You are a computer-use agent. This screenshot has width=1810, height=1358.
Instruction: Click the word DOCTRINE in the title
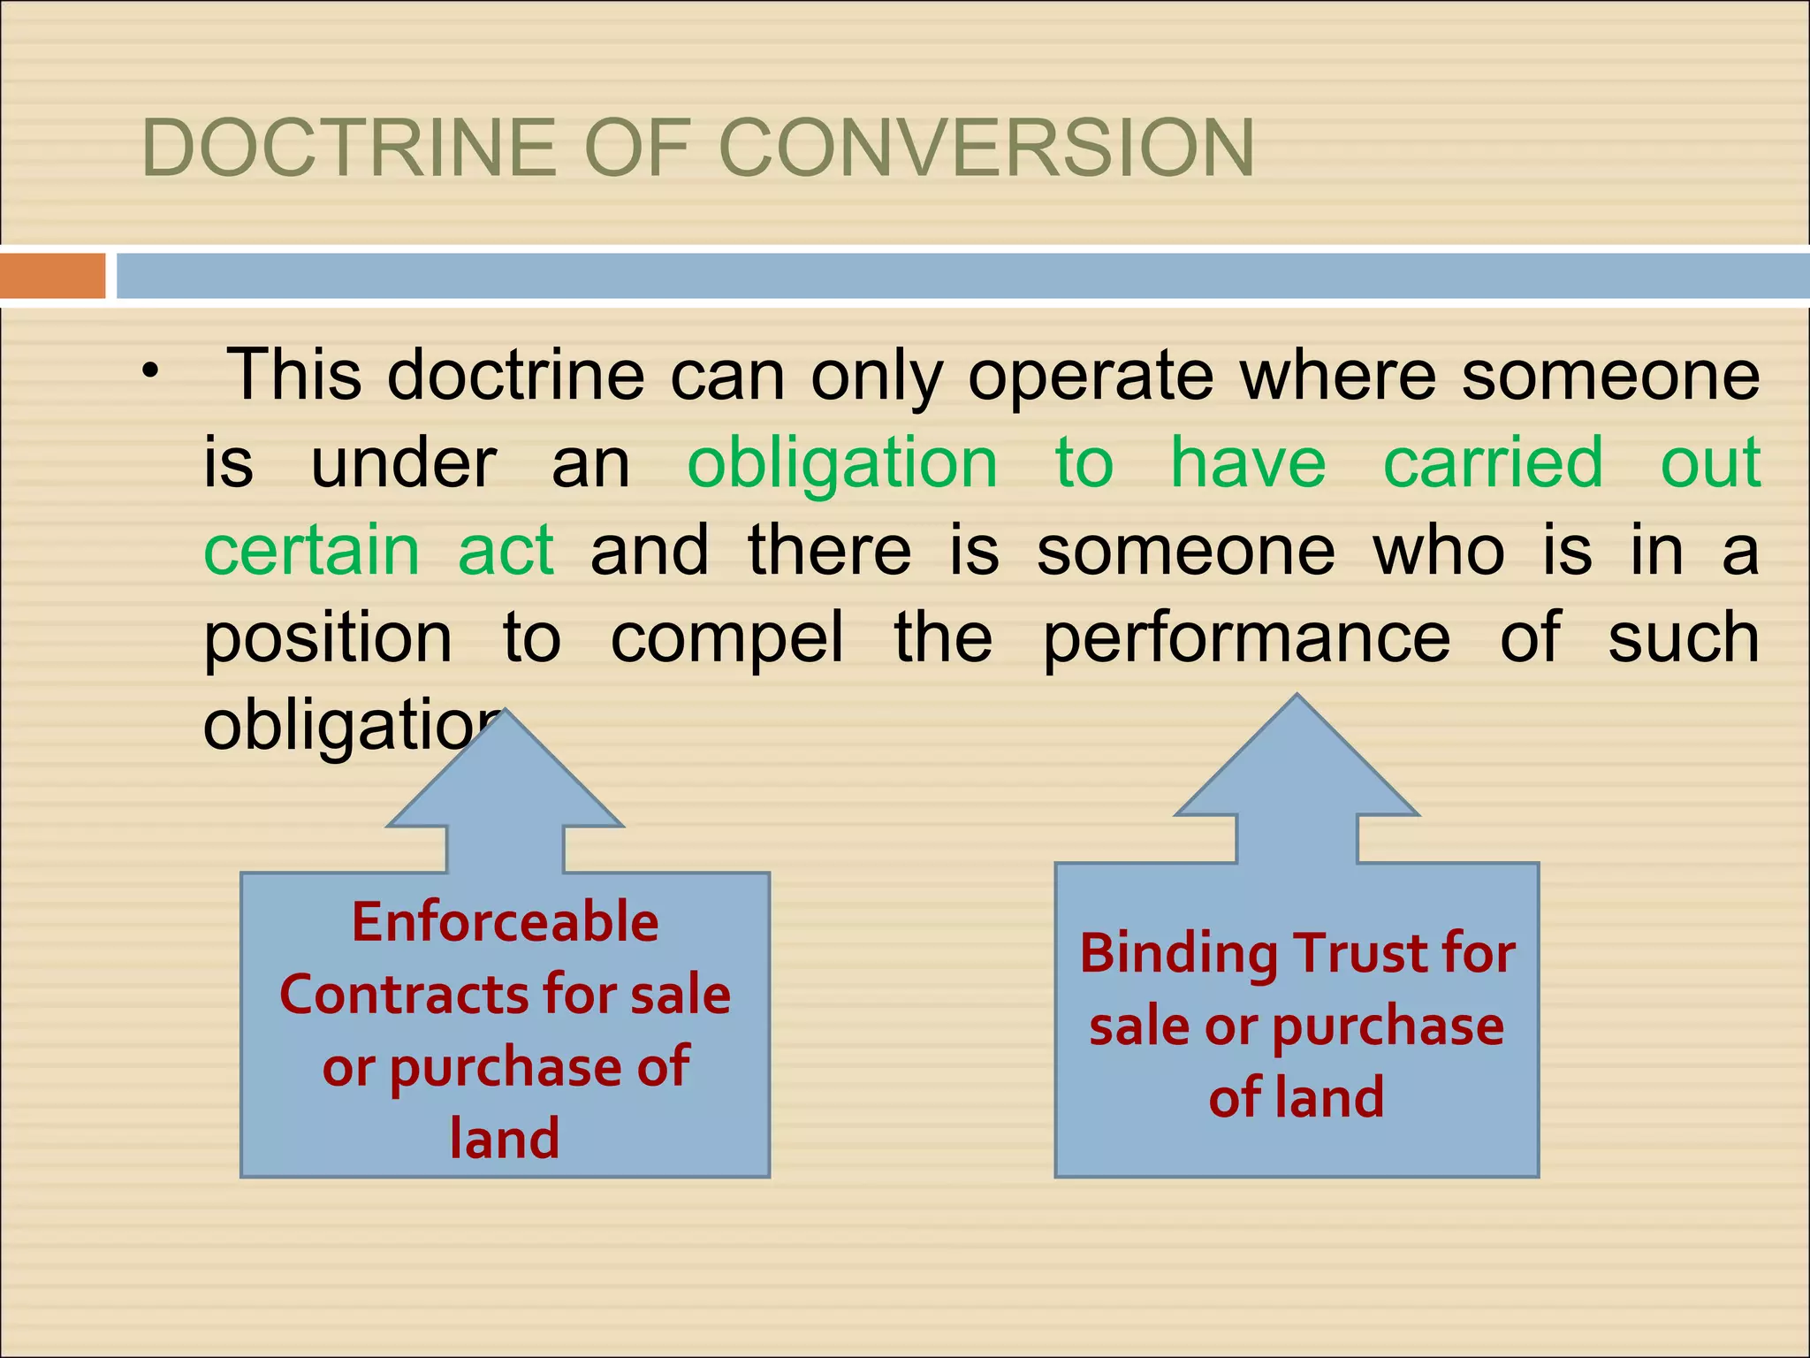click(350, 149)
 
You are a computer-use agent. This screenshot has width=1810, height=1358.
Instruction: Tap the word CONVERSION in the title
click(989, 149)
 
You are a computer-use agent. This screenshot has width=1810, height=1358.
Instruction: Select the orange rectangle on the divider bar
click(53, 276)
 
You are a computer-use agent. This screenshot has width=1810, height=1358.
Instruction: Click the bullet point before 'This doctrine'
click(151, 371)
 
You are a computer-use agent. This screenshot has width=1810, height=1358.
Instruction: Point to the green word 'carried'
click(1493, 462)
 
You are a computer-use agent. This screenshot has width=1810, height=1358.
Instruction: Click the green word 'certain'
click(311, 550)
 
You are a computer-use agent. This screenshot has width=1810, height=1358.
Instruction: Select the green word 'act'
click(506, 550)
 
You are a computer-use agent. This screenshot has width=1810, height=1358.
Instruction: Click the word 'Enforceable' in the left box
click(506, 922)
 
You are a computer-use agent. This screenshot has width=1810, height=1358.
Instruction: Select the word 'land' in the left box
click(505, 1139)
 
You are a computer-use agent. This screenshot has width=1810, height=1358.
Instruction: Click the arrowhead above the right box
click(1297, 761)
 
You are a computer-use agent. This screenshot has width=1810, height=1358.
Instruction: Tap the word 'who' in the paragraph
click(1439, 550)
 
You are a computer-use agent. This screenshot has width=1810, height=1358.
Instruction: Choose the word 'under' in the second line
click(404, 462)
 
